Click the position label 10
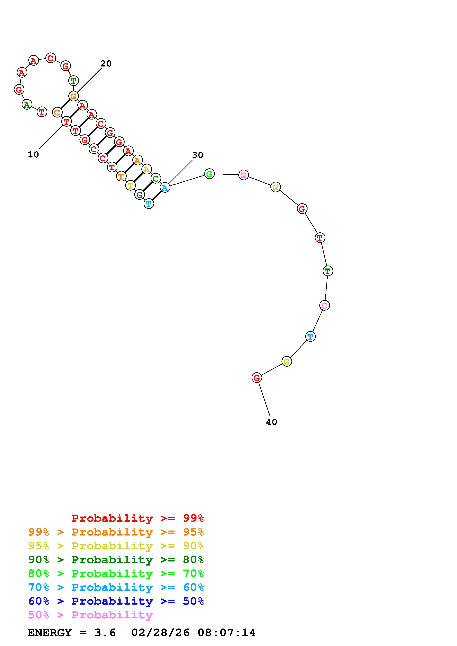pyautogui.click(x=33, y=155)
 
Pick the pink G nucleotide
pyautogui.click(x=244, y=175)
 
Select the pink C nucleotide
pyautogui.click(x=325, y=305)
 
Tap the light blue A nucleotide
pyautogui.click(x=165, y=187)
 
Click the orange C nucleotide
pyautogui.click(x=57, y=112)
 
